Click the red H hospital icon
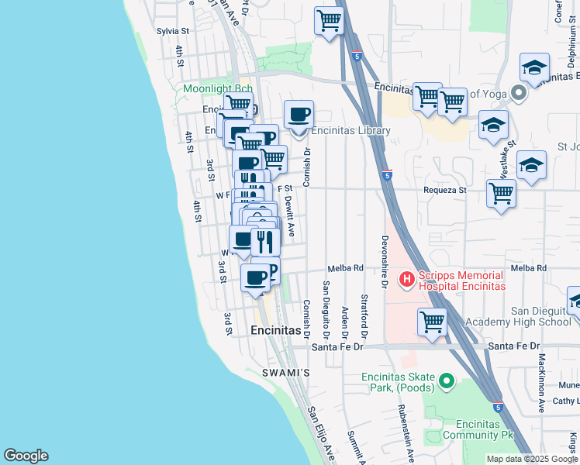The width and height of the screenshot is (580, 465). point(406,278)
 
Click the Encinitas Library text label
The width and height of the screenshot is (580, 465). point(350,131)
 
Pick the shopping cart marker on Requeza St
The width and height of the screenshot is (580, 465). point(502,194)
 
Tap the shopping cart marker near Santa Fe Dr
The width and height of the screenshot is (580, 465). point(432,322)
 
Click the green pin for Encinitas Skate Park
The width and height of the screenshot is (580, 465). point(446,381)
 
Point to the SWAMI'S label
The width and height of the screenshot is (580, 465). point(290,373)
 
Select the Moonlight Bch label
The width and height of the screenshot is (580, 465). point(218,89)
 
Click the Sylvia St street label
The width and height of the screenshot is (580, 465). point(173,31)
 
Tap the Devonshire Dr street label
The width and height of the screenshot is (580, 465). point(384,261)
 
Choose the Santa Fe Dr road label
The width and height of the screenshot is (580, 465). point(337,347)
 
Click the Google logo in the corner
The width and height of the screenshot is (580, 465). point(26,456)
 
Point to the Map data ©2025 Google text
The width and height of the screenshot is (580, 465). point(531,459)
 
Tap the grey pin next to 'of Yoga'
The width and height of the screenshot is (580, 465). point(519,94)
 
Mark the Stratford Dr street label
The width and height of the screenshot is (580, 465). point(364,313)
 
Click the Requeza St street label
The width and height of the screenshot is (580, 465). point(444,189)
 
